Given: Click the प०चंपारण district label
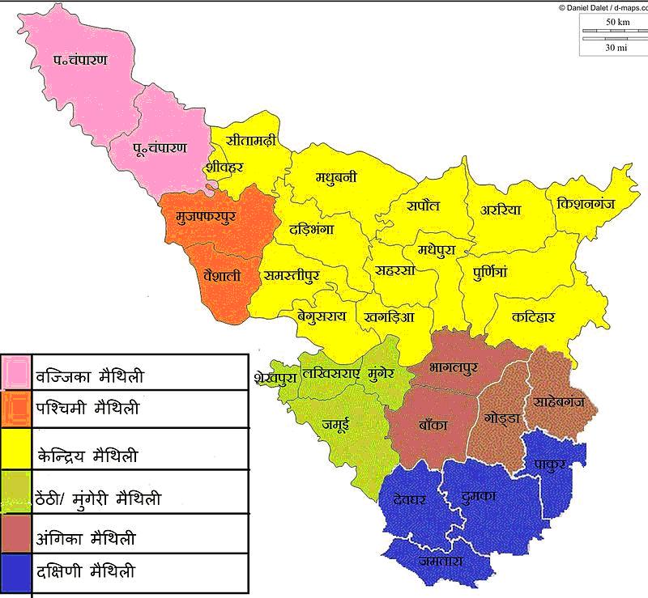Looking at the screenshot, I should tap(82, 62).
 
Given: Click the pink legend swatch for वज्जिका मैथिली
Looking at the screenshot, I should tap(16, 374).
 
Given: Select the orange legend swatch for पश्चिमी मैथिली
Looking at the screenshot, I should tap(16, 409).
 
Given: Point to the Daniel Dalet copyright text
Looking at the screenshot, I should tap(601, 6).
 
